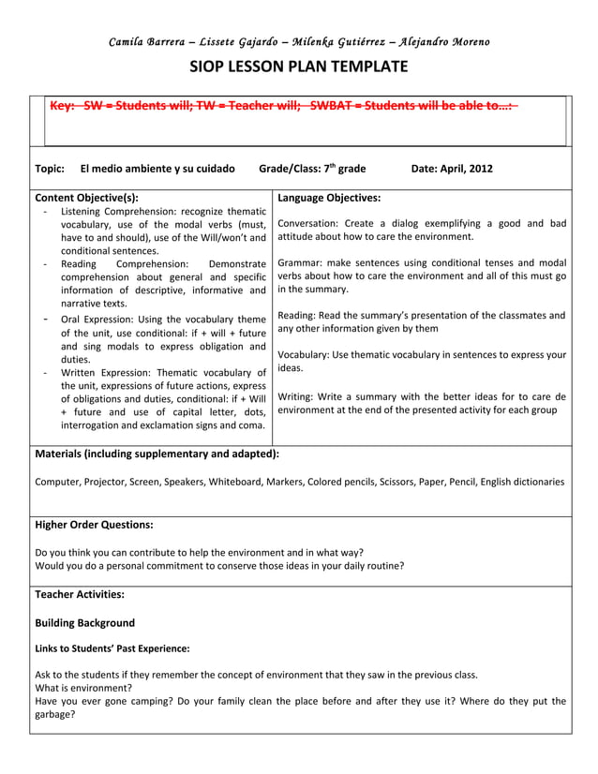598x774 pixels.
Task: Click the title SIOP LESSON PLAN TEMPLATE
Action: pos(299,67)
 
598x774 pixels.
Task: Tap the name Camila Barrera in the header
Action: pos(146,41)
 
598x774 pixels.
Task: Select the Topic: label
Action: pos(50,169)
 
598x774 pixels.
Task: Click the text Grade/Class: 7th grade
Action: pos(311,169)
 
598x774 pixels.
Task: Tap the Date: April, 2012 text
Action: pos(452,169)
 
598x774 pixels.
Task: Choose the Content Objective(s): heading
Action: pos(86,198)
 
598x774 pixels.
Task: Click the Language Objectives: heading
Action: pos(329,198)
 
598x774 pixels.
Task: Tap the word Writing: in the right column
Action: pos(298,396)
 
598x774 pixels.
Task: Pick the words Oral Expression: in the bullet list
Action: pos(97,320)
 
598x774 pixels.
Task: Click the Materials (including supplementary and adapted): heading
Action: pos(157,454)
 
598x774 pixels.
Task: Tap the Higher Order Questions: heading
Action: pos(94,525)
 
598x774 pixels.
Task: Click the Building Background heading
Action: pos(84,622)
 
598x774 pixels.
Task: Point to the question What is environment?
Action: pos(83,687)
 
